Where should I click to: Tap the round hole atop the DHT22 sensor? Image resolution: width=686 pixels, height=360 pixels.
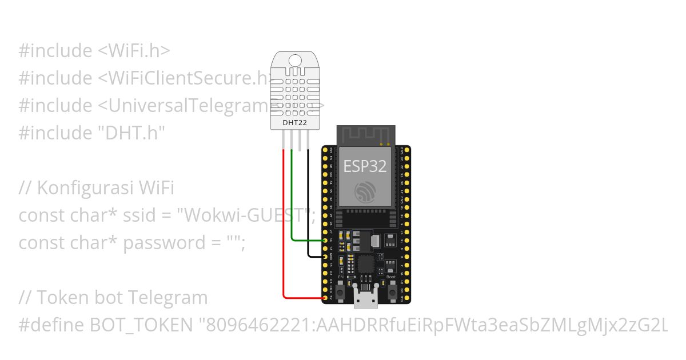295,59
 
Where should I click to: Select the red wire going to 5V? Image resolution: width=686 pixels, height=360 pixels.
284,229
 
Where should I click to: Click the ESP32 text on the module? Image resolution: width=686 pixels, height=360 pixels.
365,166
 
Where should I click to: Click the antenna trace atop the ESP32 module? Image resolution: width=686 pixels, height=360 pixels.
365,135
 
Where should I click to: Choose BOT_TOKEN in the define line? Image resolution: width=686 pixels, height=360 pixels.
142,325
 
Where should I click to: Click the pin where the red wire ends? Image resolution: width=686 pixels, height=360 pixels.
325,298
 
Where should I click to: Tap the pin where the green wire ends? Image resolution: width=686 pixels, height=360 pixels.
325,241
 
